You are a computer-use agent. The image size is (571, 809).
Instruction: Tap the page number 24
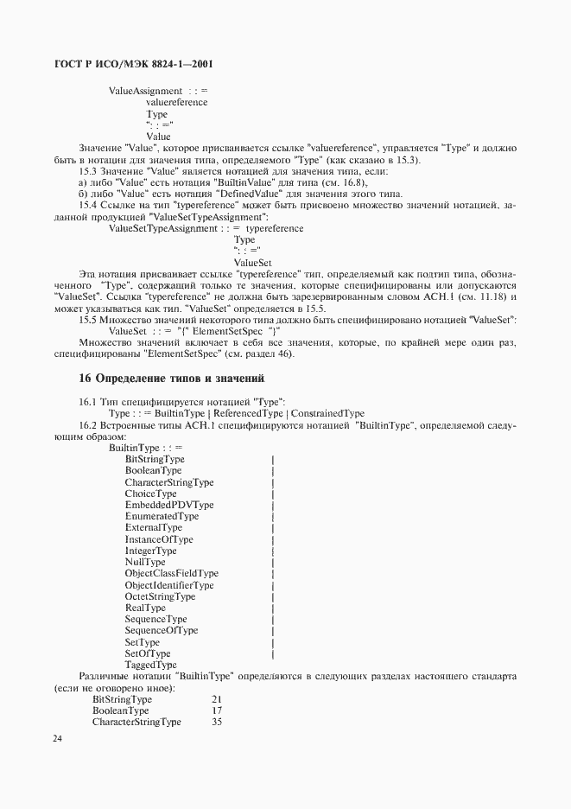point(57,739)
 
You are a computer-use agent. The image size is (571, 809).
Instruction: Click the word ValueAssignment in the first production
point(145,91)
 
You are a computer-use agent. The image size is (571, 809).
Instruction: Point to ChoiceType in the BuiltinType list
point(150,494)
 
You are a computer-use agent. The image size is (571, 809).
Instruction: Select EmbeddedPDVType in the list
point(168,505)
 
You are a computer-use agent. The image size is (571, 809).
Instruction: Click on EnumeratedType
point(162,516)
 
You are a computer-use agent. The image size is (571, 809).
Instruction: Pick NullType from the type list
point(144,562)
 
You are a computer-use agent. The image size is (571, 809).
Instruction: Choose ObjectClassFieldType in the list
point(171,573)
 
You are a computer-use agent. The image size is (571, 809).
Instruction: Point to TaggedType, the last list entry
point(151,666)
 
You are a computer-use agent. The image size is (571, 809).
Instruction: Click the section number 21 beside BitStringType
point(216,698)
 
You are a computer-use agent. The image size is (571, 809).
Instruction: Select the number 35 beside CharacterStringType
point(216,722)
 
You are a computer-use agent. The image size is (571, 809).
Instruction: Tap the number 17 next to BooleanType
point(216,710)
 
